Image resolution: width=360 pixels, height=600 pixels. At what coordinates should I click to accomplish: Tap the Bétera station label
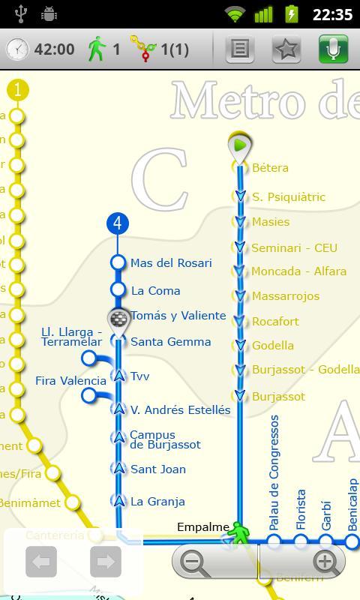tap(270, 168)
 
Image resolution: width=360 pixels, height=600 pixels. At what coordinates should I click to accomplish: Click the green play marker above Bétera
tap(239, 145)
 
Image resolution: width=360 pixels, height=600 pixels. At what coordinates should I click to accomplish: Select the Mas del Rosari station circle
tap(118, 262)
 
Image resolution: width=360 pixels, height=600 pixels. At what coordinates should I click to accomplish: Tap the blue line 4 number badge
tap(118, 223)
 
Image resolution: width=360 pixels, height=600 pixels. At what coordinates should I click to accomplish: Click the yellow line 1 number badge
tap(17, 91)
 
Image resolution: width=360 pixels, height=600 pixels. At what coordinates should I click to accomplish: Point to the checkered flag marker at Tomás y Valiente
tap(118, 319)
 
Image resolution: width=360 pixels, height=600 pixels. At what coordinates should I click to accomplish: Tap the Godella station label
tap(272, 346)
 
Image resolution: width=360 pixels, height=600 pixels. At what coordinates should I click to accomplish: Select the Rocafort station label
tap(275, 321)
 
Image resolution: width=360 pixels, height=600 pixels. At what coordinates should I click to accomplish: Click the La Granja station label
tap(157, 502)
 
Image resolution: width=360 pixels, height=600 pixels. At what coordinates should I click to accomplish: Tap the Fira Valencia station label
tap(70, 381)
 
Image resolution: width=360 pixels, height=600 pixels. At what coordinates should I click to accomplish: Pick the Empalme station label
tap(202, 527)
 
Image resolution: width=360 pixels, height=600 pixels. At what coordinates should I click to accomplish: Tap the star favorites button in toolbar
tap(286, 49)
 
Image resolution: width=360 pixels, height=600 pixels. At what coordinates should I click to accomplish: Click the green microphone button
tap(333, 49)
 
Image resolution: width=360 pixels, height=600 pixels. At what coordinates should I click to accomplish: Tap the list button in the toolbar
tap(239, 49)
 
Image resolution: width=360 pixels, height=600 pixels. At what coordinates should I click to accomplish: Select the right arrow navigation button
tap(106, 562)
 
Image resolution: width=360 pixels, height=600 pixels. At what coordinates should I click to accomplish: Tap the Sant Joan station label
tap(157, 469)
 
